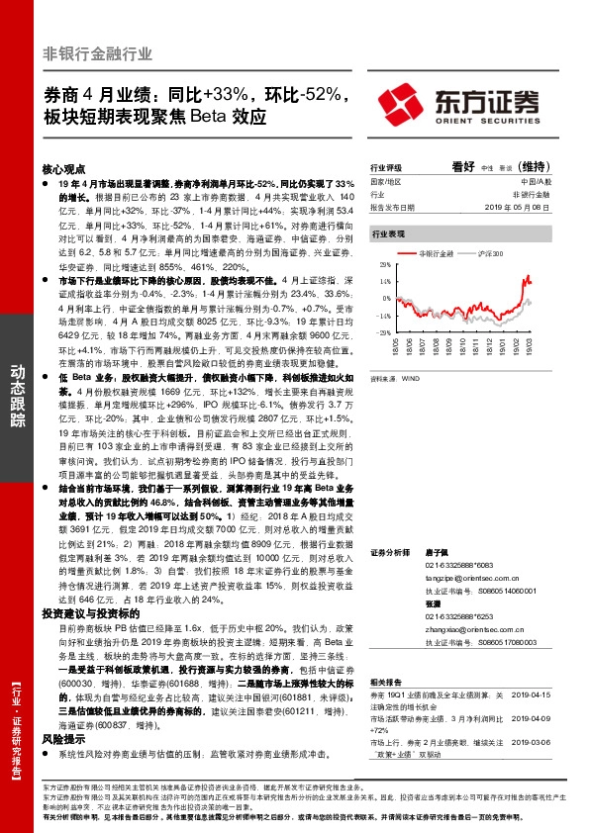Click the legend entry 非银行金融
pyautogui.click(x=437, y=254)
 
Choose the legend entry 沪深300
pyautogui.click(x=490, y=254)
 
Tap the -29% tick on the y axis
pyautogui.click(x=383, y=332)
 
